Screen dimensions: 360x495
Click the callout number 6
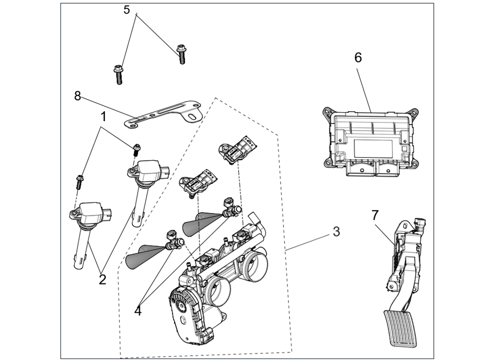(358, 58)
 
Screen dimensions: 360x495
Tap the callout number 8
(77, 96)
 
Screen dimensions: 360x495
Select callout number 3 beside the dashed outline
(336, 232)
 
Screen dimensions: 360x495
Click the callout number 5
(127, 9)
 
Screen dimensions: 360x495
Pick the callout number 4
(138, 310)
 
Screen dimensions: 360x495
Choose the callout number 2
(102, 279)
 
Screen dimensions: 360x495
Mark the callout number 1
(103, 117)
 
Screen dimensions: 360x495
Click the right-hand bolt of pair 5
(182, 54)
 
